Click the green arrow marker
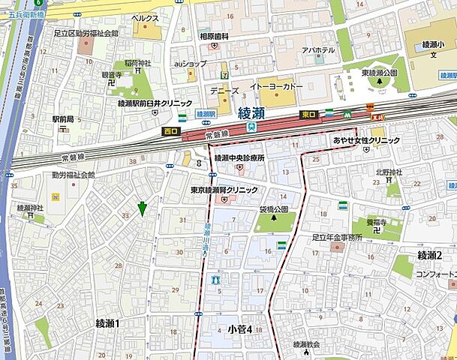click(x=141, y=208)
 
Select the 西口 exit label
click(x=171, y=130)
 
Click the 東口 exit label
click(x=308, y=114)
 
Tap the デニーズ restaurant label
click(x=224, y=90)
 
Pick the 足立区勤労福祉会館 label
click(x=86, y=34)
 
